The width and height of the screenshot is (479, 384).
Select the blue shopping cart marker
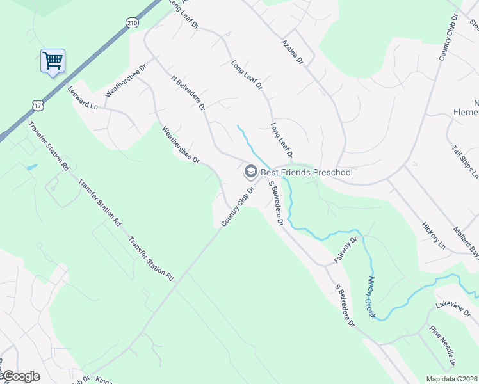[53, 61]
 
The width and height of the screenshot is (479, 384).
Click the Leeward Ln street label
[85, 97]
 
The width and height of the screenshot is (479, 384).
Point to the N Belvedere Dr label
[188, 93]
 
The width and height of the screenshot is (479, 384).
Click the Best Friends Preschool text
[306, 172]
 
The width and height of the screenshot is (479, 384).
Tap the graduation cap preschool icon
[250, 172]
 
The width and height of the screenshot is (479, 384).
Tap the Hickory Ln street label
[434, 236]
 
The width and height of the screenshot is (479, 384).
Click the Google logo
[21, 376]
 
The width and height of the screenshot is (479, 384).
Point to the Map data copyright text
[452, 379]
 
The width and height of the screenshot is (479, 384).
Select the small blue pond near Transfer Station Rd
[31, 168]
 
